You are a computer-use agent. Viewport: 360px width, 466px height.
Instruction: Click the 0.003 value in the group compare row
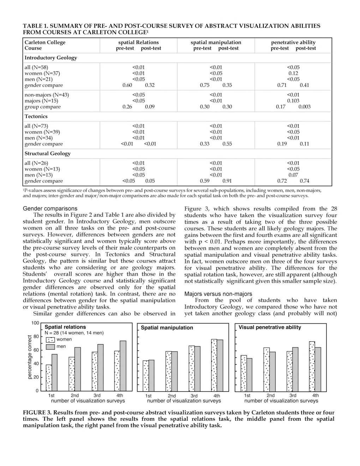pyautogui.click(x=304, y=107)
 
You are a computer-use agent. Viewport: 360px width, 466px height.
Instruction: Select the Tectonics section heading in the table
pyautogui.click(x=36, y=116)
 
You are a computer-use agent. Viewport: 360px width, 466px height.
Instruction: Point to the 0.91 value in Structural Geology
pyautogui.click(x=227, y=181)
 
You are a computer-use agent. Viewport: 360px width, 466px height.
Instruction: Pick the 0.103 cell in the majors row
pyautogui.click(x=293, y=101)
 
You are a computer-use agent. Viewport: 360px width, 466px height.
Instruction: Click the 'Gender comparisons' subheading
pyautogui.click(x=50, y=209)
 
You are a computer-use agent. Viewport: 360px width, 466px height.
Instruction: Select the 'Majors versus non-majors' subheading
pyautogui.click(x=218, y=294)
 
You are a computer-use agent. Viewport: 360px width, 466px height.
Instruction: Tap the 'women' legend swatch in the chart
pyautogui.click(x=51, y=340)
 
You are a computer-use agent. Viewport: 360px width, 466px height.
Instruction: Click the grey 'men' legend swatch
pyautogui.click(x=51, y=347)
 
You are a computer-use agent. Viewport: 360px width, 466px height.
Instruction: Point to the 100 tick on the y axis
pyautogui.click(x=35, y=323)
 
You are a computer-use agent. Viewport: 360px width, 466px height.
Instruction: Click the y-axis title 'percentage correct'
pyautogui.click(x=30, y=357)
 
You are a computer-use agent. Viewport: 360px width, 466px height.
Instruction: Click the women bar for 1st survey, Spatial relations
pyautogui.click(x=49, y=378)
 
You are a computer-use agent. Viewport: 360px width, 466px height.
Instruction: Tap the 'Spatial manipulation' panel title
pyautogui.click(x=167, y=328)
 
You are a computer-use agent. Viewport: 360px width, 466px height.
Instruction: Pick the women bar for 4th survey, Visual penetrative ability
pyautogui.click(x=312, y=366)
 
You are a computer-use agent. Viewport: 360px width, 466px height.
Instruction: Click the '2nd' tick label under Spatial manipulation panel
pyautogui.click(x=172, y=396)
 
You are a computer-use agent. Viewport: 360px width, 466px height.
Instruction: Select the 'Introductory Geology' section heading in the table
pyautogui.click(x=51, y=58)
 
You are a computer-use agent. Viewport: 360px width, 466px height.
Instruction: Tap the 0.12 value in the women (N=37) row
pyautogui.click(x=293, y=73)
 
